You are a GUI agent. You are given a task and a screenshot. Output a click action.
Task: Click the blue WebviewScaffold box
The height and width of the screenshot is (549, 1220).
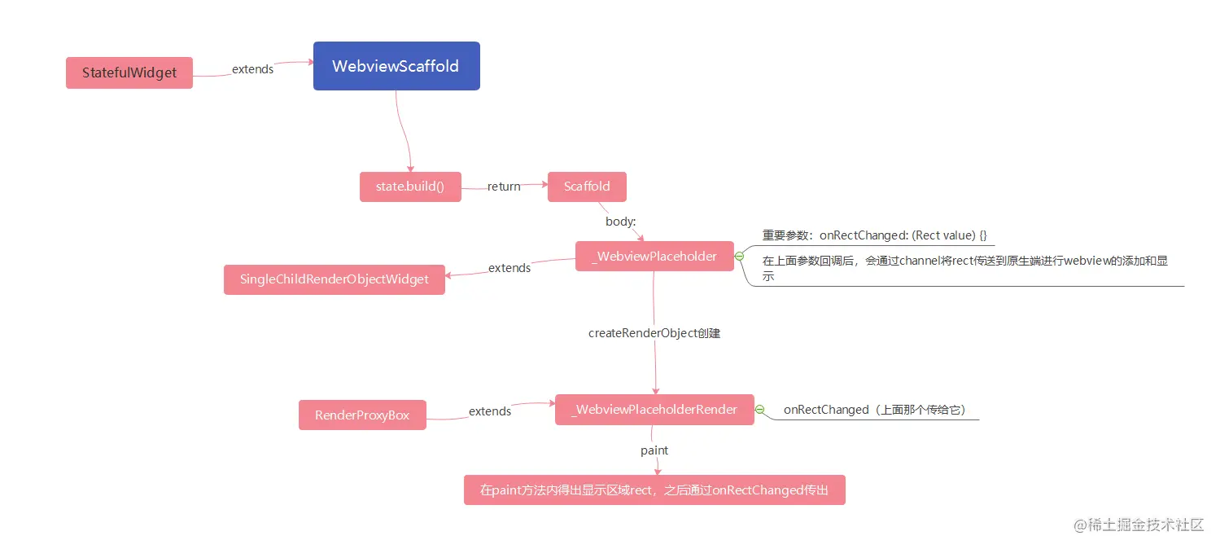point(396,66)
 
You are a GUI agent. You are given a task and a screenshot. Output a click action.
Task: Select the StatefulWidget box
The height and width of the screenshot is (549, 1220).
point(129,72)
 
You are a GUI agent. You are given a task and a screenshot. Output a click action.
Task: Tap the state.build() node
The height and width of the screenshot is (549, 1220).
point(410,187)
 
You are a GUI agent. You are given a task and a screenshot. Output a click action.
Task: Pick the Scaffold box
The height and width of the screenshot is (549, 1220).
point(587,187)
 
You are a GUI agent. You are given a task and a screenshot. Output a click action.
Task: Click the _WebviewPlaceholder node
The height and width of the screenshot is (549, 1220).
point(654,257)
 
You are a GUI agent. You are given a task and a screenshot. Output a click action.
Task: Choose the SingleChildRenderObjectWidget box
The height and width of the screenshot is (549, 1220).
point(334,279)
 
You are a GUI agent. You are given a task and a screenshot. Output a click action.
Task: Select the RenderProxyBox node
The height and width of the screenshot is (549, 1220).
point(362,415)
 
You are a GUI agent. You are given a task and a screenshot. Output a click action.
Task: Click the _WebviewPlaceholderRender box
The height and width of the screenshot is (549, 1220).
point(654,410)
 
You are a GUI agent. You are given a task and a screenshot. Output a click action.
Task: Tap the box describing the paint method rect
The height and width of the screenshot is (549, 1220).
point(654,490)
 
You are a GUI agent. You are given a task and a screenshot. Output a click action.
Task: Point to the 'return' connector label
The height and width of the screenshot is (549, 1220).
point(504,187)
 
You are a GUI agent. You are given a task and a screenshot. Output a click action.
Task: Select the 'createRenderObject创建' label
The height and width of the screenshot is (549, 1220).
point(654,333)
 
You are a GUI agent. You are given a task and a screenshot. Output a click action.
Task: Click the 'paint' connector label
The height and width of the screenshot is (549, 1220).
point(654,450)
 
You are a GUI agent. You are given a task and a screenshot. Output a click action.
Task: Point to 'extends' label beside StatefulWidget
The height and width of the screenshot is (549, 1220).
point(252,69)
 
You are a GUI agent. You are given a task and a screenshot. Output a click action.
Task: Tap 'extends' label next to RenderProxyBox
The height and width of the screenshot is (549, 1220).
point(490,411)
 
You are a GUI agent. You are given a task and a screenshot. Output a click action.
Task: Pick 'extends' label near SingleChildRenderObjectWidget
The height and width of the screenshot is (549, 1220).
point(509,268)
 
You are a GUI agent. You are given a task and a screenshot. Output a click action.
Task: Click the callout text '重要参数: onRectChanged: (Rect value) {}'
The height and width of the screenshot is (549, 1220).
point(874,235)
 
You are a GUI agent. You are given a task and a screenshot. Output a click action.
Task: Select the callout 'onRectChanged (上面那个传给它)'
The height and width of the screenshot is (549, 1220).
point(874,410)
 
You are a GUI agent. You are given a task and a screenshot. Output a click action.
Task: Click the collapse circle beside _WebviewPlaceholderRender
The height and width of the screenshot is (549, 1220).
point(759,410)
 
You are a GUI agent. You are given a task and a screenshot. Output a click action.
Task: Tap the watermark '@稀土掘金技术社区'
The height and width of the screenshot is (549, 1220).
point(1138,525)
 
